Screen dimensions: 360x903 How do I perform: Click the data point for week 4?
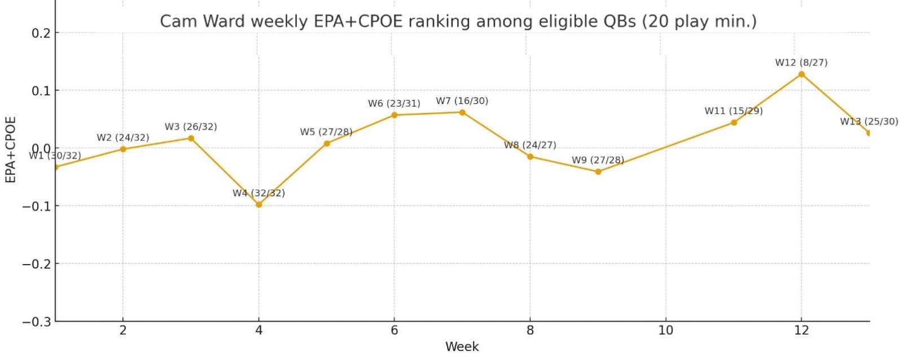pyautogui.click(x=258, y=204)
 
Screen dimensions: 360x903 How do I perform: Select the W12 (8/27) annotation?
pyautogui.click(x=801, y=63)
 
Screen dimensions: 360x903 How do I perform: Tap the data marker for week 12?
pyautogui.click(x=801, y=74)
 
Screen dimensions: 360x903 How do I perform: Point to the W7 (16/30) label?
pyautogui.click(x=462, y=101)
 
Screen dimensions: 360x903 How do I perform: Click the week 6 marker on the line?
pyautogui.click(x=394, y=115)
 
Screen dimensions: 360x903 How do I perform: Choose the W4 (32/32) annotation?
pyautogui.click(x=258, y=193)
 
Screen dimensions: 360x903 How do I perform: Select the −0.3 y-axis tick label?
pyautogui.click(x=37, y=322)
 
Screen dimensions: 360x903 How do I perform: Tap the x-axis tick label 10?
pyautogui.click(x=665, y=330)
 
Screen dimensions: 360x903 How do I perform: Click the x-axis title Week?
pyautogui.click(x=462, y=346)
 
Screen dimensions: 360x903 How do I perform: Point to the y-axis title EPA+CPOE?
pyautogui.click(x=10, y=150)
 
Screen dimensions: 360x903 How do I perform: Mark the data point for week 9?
pyautogui.click(x=598, y=172)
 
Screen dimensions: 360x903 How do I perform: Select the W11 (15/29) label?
pyautogui.click(x=733, y=111)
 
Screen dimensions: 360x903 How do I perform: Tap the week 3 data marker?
pyautogui.click(x=191, y=138)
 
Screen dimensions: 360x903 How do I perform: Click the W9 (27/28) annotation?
pyautogui.click(x=598, y=160)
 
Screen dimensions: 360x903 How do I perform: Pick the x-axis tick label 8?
pyautogui.click(x=530, y=330)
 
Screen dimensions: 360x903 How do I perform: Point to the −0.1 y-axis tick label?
pyautogui.click(x=37, y=206)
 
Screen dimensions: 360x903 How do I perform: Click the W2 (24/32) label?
pyautogui.click(x=122, y=138)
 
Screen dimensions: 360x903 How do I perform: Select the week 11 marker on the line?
pyautogui.click(x=733, y=122)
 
